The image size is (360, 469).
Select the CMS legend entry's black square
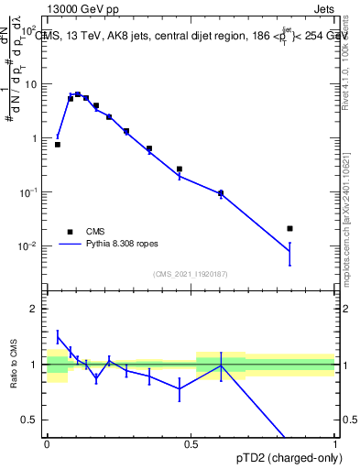click(70, 232)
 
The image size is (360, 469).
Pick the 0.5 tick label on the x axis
click(191, 442)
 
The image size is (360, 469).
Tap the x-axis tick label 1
click(335, 442)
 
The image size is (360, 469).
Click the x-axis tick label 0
click(47, 442)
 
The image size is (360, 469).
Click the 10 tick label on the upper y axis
click(30, 84)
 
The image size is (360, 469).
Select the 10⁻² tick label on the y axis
click(27, 246)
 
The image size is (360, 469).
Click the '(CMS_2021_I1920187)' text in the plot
click(191, 274)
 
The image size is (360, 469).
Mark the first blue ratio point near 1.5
click(58, 337)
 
